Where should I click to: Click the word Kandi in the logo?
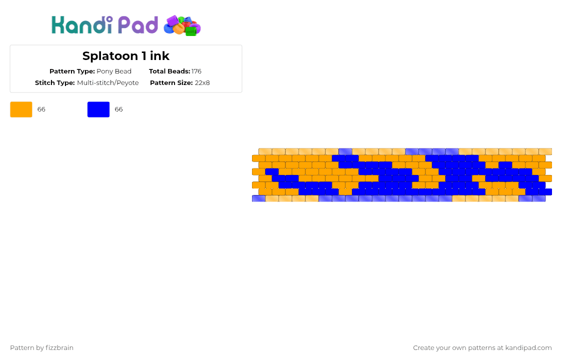point(82,24)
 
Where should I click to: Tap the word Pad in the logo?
point(137,24)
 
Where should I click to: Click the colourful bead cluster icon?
point(182,25)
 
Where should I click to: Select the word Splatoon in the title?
point(110,56)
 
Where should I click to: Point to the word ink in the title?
point(159,56)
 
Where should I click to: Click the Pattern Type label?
point(72,71)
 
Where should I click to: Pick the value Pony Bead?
point(114,71)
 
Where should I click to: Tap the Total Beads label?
point(169,71)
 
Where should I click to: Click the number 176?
point(196,71)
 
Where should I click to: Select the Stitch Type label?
point(55,83)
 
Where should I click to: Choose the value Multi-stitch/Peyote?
point(108,83)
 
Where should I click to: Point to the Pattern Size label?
point(171,83)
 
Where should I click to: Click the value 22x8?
point(202,83)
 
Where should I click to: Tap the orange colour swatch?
point(21,109)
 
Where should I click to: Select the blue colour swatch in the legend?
point(98,109)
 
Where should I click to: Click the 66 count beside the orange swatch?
point(41,109)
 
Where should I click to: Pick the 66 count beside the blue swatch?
point(118,109)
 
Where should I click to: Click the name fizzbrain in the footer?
point(59,348)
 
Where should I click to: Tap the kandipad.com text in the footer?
point(528,348)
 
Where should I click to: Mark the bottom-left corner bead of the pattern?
point(259,198)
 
